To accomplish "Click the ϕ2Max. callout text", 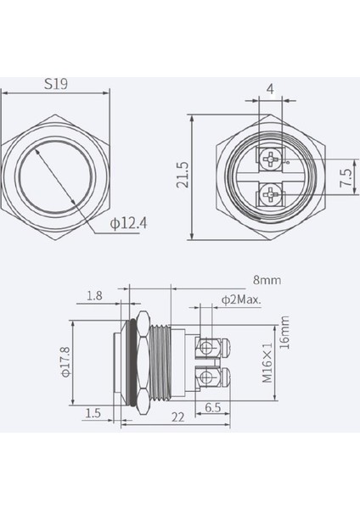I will point(239,299).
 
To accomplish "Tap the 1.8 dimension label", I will point(96,296).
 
